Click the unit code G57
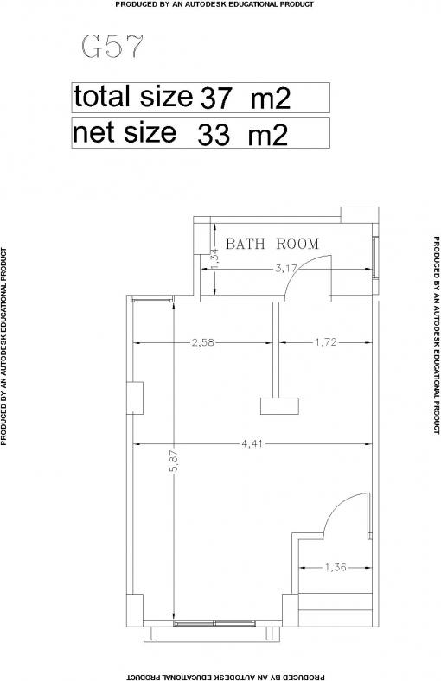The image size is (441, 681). (x=112, y=47)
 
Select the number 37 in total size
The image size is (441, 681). (x=214, y=99)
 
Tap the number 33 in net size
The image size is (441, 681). (x=213, y=135)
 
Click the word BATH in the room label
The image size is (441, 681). (x=246, y=244)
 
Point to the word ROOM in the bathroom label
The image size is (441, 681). (x=297, y=244)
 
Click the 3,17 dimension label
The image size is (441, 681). (x=286, y=269)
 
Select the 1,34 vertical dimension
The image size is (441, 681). (x=214, y=258)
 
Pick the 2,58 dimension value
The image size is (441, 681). (x=203, y=342)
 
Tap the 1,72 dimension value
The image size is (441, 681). (x=325, y=342)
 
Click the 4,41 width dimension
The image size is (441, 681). (x=252, y=444)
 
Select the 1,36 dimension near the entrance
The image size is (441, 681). (x=335, y=567)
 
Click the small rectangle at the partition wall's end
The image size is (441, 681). (x=279, y=405)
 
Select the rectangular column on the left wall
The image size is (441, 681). (x=135, y=398)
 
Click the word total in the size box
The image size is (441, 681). (x=102, y=96)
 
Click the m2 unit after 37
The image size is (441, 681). (x=271, y=99)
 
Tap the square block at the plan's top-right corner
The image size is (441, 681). (x=360, y=215)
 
